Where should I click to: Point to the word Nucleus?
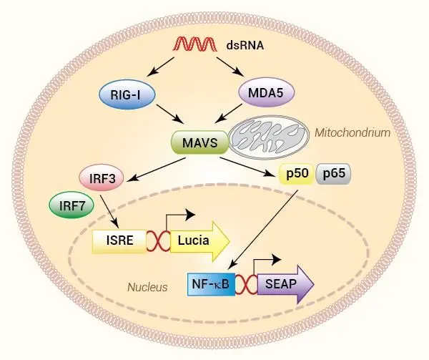147,287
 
